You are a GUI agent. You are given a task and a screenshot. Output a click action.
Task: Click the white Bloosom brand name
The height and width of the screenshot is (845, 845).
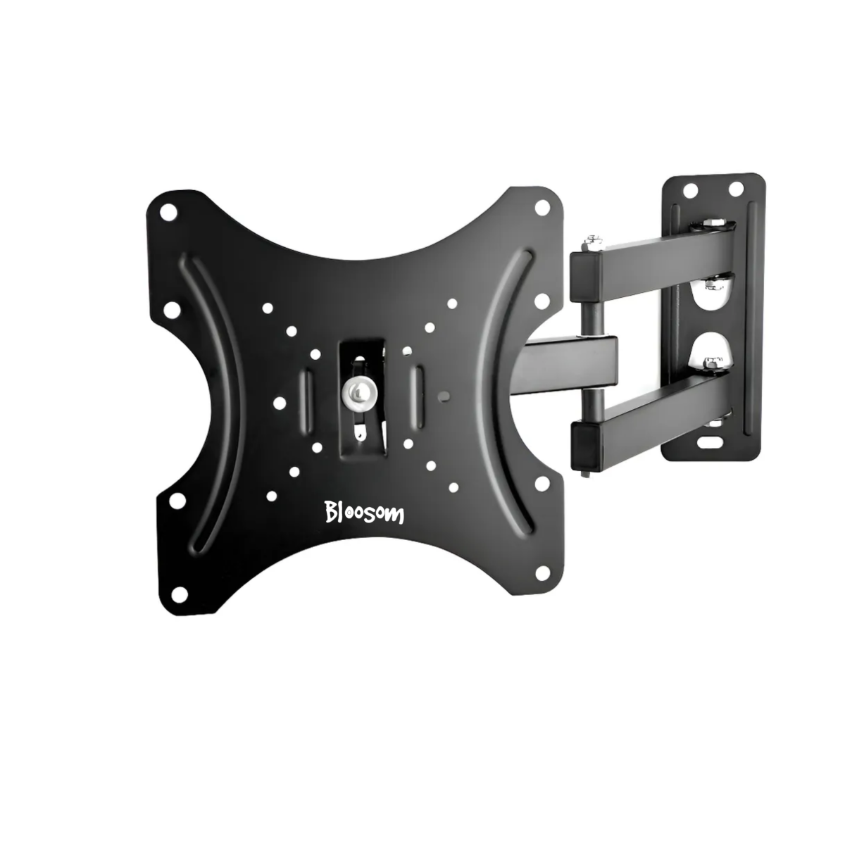pos(364,512)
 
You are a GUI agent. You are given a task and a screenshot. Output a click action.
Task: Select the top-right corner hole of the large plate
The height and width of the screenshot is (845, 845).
pos(542,206)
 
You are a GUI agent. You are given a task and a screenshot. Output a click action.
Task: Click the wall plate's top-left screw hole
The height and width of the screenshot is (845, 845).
pos(690,190)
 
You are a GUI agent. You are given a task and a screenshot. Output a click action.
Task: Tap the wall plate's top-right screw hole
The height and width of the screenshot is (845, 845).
pos(737,188)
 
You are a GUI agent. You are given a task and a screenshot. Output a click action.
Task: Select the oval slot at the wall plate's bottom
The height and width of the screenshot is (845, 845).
pos(710,442)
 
